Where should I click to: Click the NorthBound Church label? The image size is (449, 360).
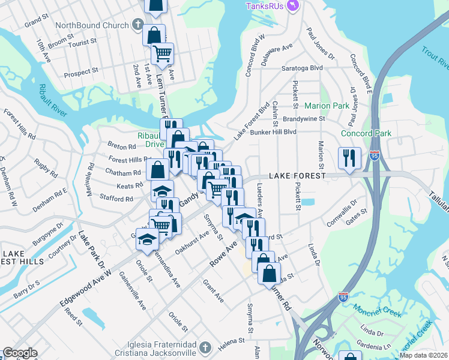pyautogui.click(x=92, y=26)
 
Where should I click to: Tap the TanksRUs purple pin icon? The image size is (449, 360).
pyautogui.click(x=293, y=6)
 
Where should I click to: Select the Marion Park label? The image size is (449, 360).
pyautogui.click(x=327, y=106)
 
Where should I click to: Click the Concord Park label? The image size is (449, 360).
pyautogui.click(x=366, y=133)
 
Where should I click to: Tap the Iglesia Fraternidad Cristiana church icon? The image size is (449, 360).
pyautogui.click(x=205, y=347)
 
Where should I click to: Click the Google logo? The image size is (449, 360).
pyautogui.click(x=20, y=353)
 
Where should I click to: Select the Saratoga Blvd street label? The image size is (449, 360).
pyautogui.click(x=303, y=68)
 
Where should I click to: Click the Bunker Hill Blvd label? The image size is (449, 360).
pyautogui.click(x=274, y=132)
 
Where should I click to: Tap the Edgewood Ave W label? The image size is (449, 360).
pyautogui.click(x=86, y=288)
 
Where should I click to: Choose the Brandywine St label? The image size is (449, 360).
pyautogui.click(x=304, y=119)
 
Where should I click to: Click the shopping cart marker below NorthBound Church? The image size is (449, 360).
pyautogui.click(x=162, y=54)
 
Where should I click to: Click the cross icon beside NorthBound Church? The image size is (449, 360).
pyautogui.click(x=137, y=26)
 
